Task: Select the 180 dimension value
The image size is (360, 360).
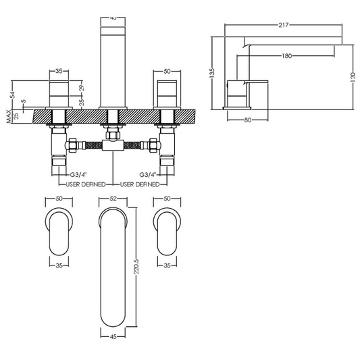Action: pos(288,55)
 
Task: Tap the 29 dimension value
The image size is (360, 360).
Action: pos(81,88)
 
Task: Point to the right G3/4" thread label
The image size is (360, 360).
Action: pos(149,174)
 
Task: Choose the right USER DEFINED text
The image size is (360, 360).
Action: pos(140,184)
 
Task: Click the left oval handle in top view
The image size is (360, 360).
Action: pos(58,230)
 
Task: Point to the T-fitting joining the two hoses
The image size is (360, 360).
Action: pos(112,145)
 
